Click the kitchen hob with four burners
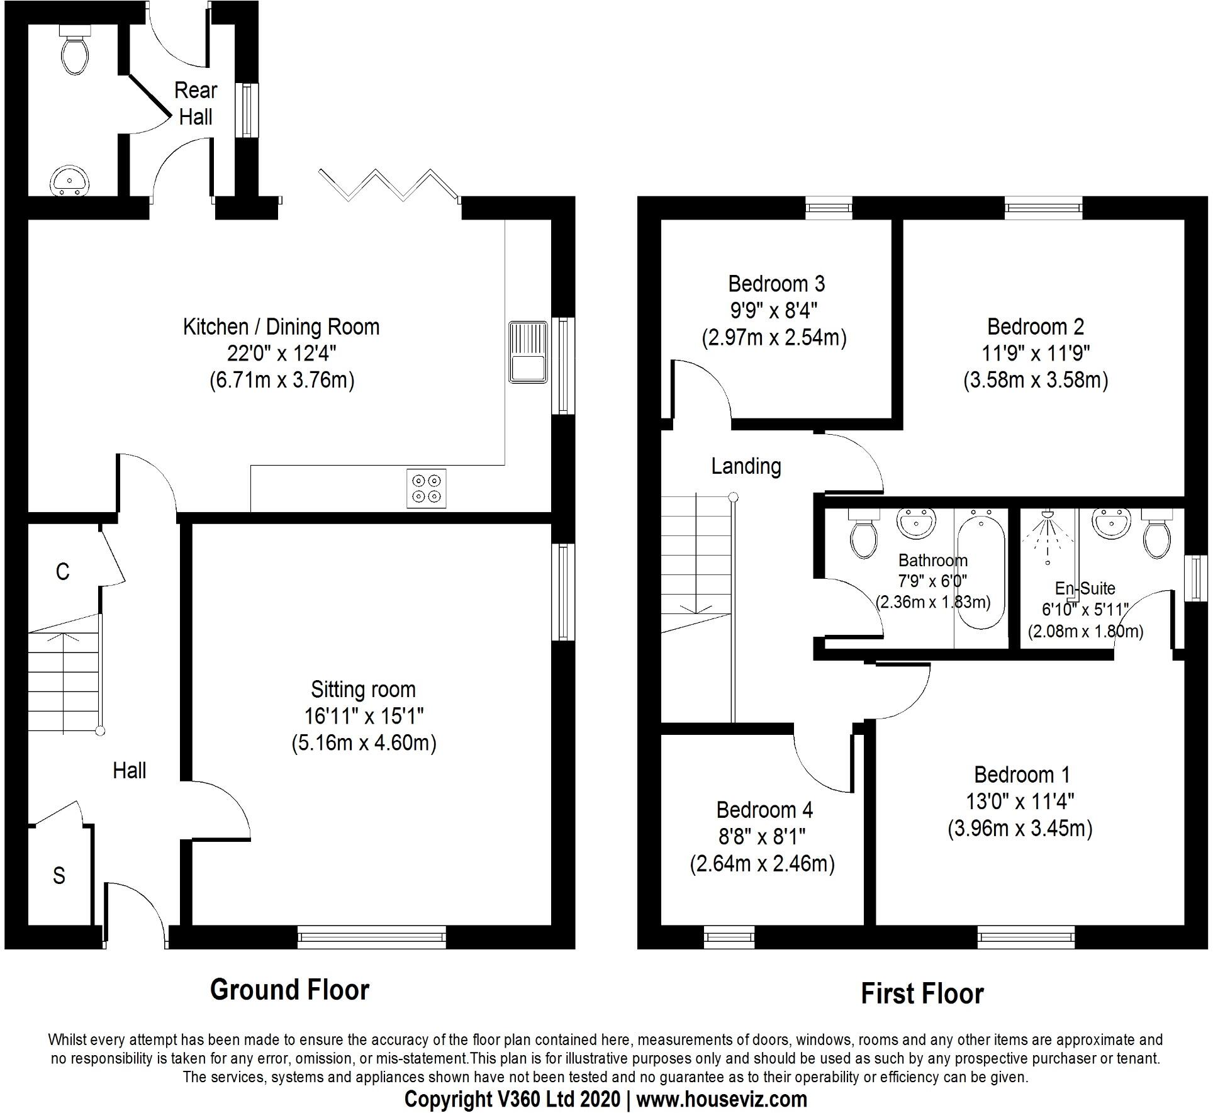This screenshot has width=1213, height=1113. [427, 488]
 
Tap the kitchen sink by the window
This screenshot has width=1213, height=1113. [527, 352]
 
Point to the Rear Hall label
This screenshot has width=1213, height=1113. [195, 103]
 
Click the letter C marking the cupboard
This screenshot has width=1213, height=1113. [62, 571]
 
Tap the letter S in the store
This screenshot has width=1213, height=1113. [59, 875]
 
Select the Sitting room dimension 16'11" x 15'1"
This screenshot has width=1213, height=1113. [364, 715]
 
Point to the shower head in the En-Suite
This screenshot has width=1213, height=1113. [1047, 515]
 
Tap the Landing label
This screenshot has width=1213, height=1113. [746, 466]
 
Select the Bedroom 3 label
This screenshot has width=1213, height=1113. [776, 284]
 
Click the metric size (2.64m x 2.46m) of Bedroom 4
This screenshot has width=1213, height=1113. [762, 863]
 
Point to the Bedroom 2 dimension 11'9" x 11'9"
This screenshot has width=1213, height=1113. [1036, 353]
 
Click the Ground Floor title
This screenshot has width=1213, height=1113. [289, 990]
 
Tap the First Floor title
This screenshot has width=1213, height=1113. [922, 993]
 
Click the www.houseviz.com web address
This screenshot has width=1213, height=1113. [721, 1099]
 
